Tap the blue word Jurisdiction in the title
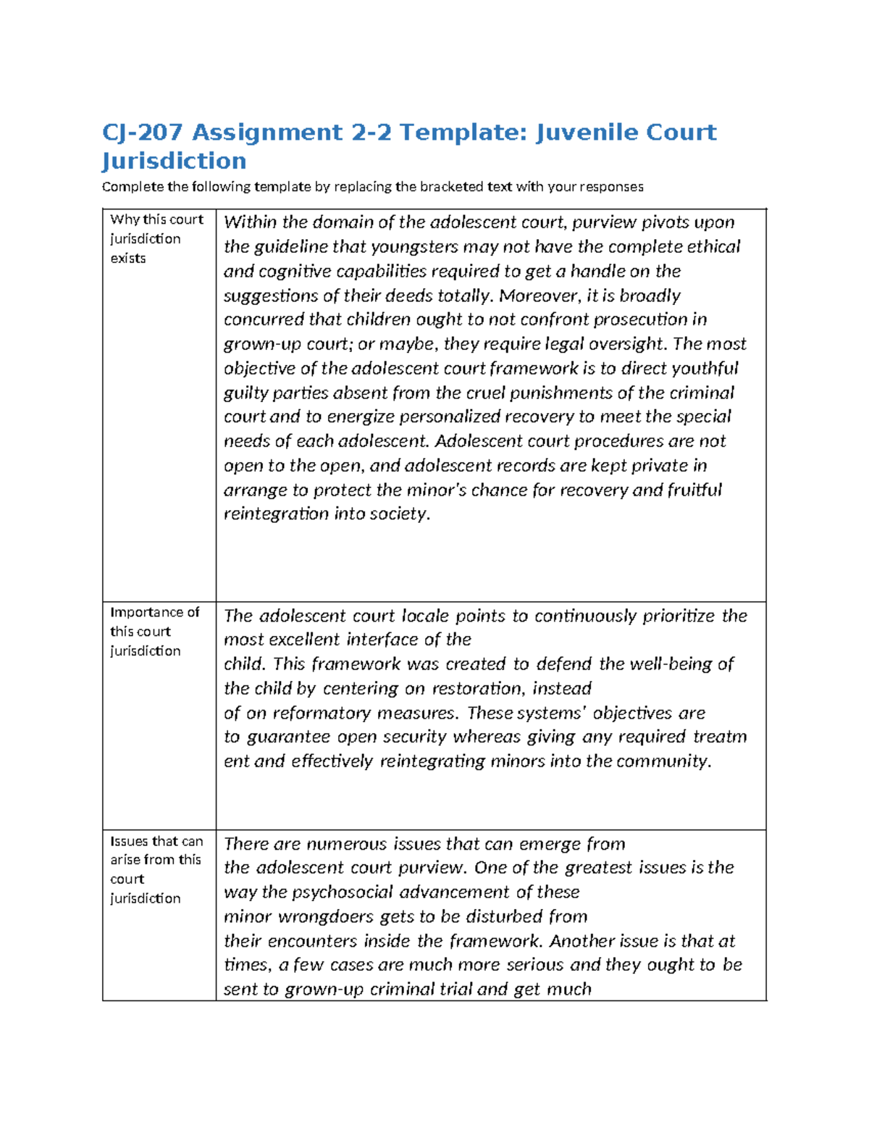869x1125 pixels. coord(174,161)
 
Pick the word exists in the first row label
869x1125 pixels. coord(128,259)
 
